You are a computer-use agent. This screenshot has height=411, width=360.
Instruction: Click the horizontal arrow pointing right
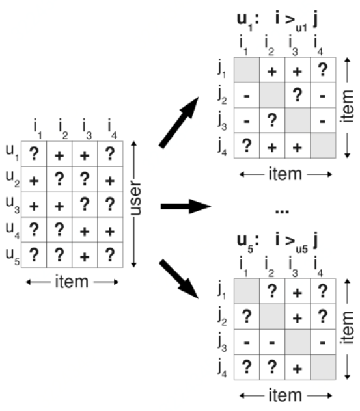coord(185,206)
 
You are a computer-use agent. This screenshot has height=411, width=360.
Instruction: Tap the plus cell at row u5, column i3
coord(84,255)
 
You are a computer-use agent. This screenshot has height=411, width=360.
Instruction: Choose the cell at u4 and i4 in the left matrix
coord(109,231)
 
